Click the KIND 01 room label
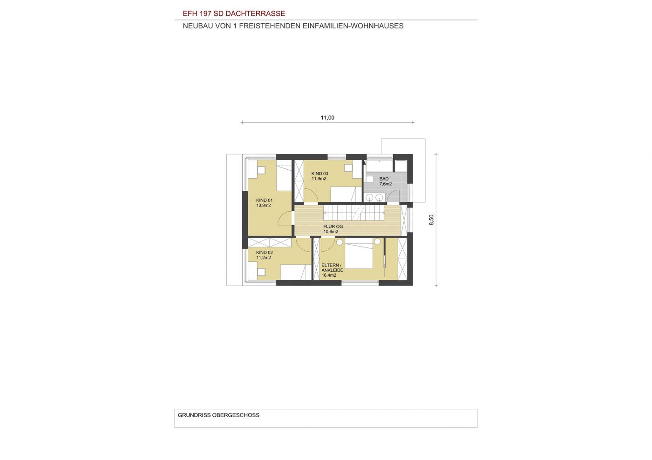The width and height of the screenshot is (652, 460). [265, 200]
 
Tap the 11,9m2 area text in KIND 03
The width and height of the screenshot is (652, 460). [319, 179]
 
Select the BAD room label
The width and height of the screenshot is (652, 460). [384, 179]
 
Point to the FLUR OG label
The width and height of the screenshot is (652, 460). [333, 227]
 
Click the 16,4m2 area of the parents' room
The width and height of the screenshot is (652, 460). [329, 275]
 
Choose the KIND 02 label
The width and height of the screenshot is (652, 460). [265, 253]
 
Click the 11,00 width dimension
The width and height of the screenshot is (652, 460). [327, 118]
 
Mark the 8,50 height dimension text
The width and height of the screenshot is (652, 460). [431, 220]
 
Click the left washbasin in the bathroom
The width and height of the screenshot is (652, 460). [370, 197]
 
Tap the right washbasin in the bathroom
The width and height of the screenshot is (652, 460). [379, 197]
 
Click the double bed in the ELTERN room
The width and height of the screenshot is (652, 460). [359, 253]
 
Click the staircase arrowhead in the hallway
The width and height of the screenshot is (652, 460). [325, 213]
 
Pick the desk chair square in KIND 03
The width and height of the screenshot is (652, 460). [348, 168]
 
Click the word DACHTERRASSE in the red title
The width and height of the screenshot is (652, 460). [255, 13]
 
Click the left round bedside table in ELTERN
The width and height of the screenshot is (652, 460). [340, 242]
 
